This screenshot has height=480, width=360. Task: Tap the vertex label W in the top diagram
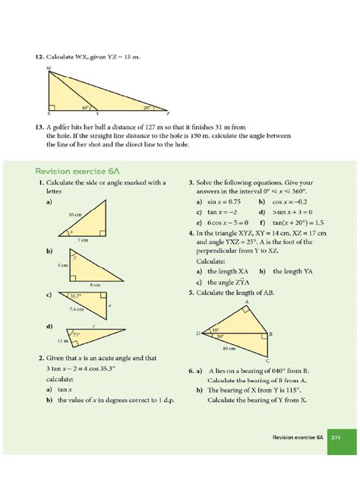49,69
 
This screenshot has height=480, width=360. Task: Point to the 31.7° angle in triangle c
74,295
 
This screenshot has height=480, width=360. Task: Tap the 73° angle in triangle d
75,333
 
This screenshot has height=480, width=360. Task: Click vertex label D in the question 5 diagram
198,333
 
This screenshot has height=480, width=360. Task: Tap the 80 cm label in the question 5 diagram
226,349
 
